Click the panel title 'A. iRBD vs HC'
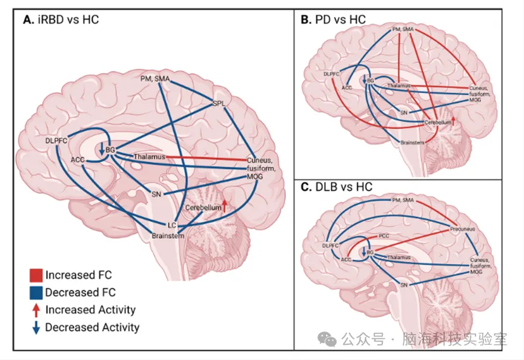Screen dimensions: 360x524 click(61, 19)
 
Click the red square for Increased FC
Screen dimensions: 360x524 click(36, 275)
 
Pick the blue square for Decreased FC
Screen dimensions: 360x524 click(36, 292)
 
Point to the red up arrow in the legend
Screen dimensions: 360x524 click(36, 310)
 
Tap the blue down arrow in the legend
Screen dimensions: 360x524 click(36, 327)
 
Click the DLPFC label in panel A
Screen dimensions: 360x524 click(56, 141)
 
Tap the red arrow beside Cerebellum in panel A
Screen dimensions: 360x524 click(225, 205)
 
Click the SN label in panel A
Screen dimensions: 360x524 click(157, 194)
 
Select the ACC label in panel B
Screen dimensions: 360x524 click(347, 88)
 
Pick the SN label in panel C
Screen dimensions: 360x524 click(405, 284)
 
